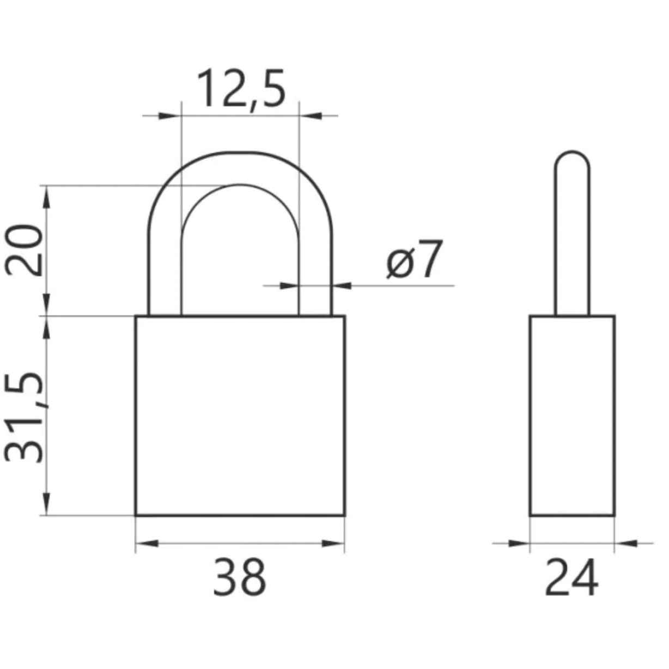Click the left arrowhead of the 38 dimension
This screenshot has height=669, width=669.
tap(147, 543)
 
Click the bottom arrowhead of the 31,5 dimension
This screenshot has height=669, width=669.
tap(47, 504)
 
